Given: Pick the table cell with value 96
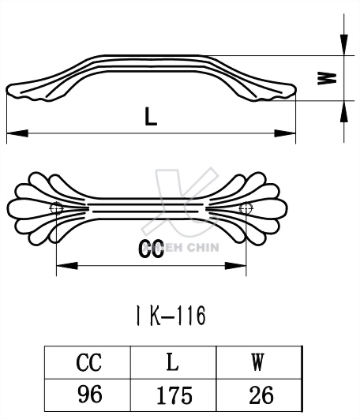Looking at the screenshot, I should (x=89, y=394).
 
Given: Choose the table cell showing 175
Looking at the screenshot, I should (x=173, y=394).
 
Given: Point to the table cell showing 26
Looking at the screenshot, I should (x=257, y=394).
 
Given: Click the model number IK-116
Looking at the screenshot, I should (x=170, y=316).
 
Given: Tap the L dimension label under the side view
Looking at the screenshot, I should (x=151, y=117).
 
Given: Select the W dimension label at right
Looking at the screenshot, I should (x=332, y=78).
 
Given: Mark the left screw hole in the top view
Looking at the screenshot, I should (x=56, y=208).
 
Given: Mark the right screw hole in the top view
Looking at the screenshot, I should (x=245, y=208).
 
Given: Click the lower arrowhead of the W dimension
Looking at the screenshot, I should (x=345, y=110).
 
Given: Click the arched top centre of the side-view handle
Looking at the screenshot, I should (x=150, y=58).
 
